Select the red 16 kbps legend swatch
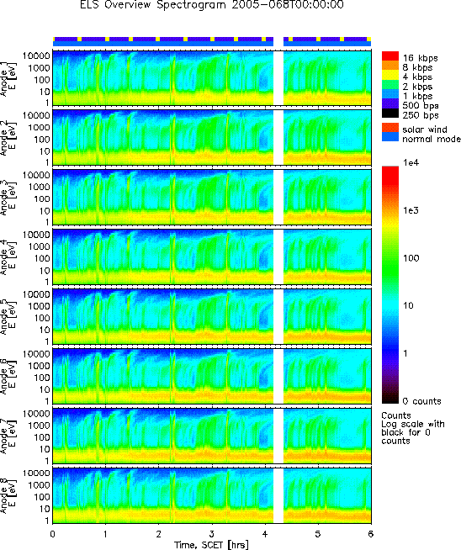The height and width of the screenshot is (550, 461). click(390, 56)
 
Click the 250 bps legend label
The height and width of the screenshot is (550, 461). click(421, 115)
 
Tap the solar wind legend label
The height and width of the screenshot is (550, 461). click(425, 130)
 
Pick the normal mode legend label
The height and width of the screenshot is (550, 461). click(432, 139)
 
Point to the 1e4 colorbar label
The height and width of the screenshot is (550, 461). click(411, 162)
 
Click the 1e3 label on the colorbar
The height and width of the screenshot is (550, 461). click(411, 210)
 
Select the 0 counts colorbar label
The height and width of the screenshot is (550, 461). click(421, 401)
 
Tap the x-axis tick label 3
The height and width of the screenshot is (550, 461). click(212, 534)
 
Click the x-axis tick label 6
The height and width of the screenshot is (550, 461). click(371, 534)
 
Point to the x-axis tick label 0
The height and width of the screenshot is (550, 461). click(53, 534)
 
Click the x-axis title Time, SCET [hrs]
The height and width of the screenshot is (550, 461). click(211, 544)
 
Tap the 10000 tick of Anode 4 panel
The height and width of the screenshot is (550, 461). click(36, 235)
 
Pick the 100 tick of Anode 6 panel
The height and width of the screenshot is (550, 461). click(41, 378)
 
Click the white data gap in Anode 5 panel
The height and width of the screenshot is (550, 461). click(278, 316)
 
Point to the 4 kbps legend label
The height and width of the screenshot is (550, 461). click(417, 77)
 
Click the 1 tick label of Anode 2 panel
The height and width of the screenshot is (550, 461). click(46, 162)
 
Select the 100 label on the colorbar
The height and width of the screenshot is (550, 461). click(411, 258)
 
